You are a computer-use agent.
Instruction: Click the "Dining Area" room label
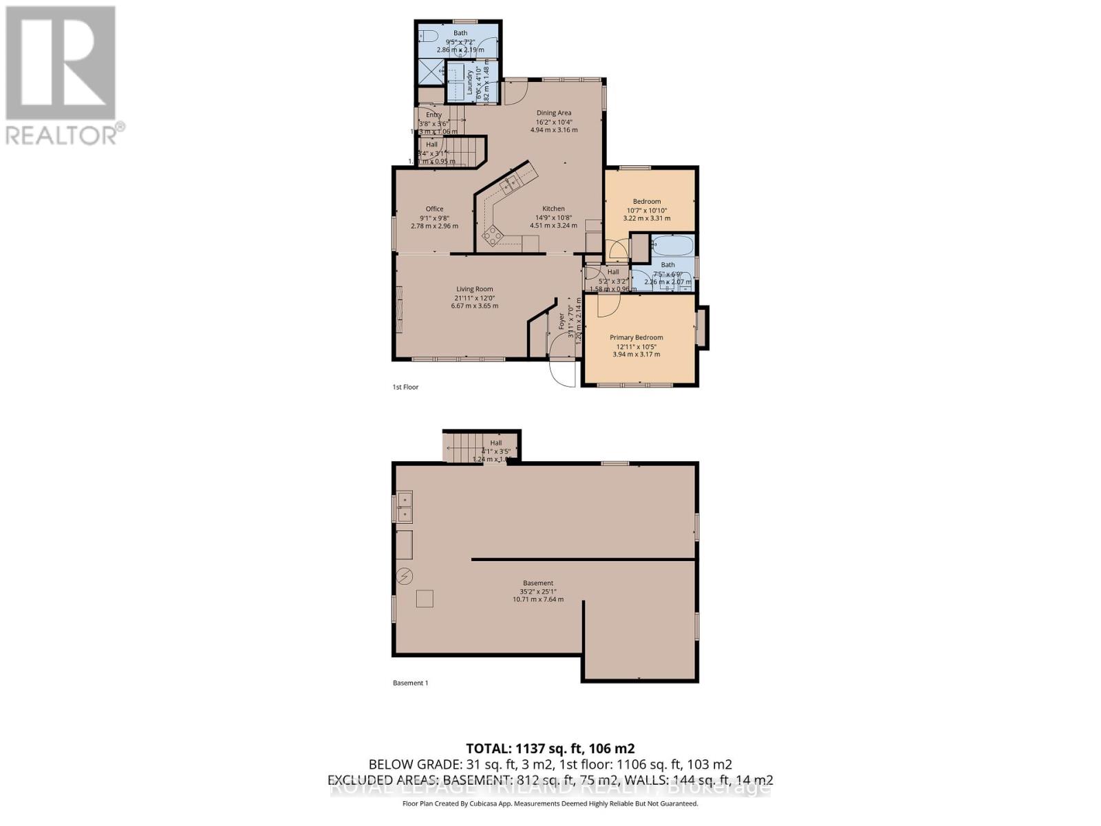click(554, 113)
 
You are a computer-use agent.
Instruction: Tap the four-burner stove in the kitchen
click(493, 237)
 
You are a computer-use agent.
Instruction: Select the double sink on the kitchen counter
click(511, 182)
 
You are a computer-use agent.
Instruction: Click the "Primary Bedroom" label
click(637, 337)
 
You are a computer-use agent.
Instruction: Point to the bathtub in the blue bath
click(673, 246)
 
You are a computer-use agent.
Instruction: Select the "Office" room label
click(434, 209)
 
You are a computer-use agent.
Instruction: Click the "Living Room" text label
click(475, 289)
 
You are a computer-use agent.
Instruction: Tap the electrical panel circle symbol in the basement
click(405, 575)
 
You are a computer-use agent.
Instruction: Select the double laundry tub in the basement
click(404, 507)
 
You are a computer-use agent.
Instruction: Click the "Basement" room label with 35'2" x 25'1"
click(538, 583)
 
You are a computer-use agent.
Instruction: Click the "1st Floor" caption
click(405, 387)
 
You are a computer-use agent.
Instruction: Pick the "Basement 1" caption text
click(410, 683)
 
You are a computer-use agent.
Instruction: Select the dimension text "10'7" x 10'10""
click(647, 210)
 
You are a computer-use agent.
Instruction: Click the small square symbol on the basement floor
click(425, 599)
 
